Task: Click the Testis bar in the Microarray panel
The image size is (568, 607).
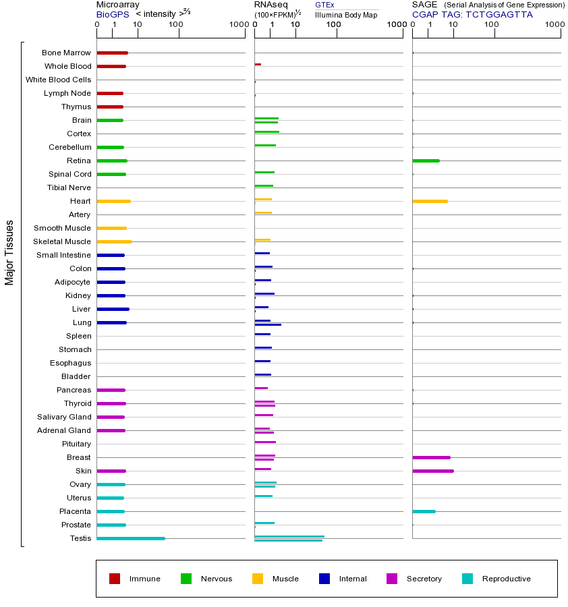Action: tap(131, 538)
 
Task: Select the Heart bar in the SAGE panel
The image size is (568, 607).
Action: tap(430, 201)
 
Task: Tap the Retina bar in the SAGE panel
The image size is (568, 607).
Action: tap(426, 161)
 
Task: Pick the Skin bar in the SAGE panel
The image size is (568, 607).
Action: tap(432, 471)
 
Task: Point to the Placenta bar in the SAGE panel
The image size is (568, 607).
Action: tap(424, 511)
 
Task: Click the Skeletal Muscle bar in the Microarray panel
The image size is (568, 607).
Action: tap(114, 241)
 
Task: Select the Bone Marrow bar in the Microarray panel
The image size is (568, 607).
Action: tap(112, 53)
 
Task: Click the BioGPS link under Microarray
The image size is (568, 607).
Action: tap(111, 14)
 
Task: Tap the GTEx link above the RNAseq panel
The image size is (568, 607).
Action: tap(324, 5)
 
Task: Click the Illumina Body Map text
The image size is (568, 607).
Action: tap(346, 14)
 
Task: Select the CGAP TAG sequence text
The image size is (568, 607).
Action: tap(472, 14)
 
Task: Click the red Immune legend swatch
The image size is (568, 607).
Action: tap(115, 579)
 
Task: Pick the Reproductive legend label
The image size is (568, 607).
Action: tap(506, 579)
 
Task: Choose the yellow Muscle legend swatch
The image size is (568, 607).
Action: tap(258, 579)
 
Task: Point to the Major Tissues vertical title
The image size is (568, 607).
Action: tap(9, 252)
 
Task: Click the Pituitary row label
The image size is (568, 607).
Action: tap(76, 444)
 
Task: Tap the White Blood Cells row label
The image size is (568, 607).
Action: tap(58, 80)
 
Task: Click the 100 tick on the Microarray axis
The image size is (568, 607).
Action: tap(175, 25)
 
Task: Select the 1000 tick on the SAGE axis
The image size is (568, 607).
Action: tap(555, 25)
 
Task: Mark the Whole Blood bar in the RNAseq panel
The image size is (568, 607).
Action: tap(258, 64)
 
